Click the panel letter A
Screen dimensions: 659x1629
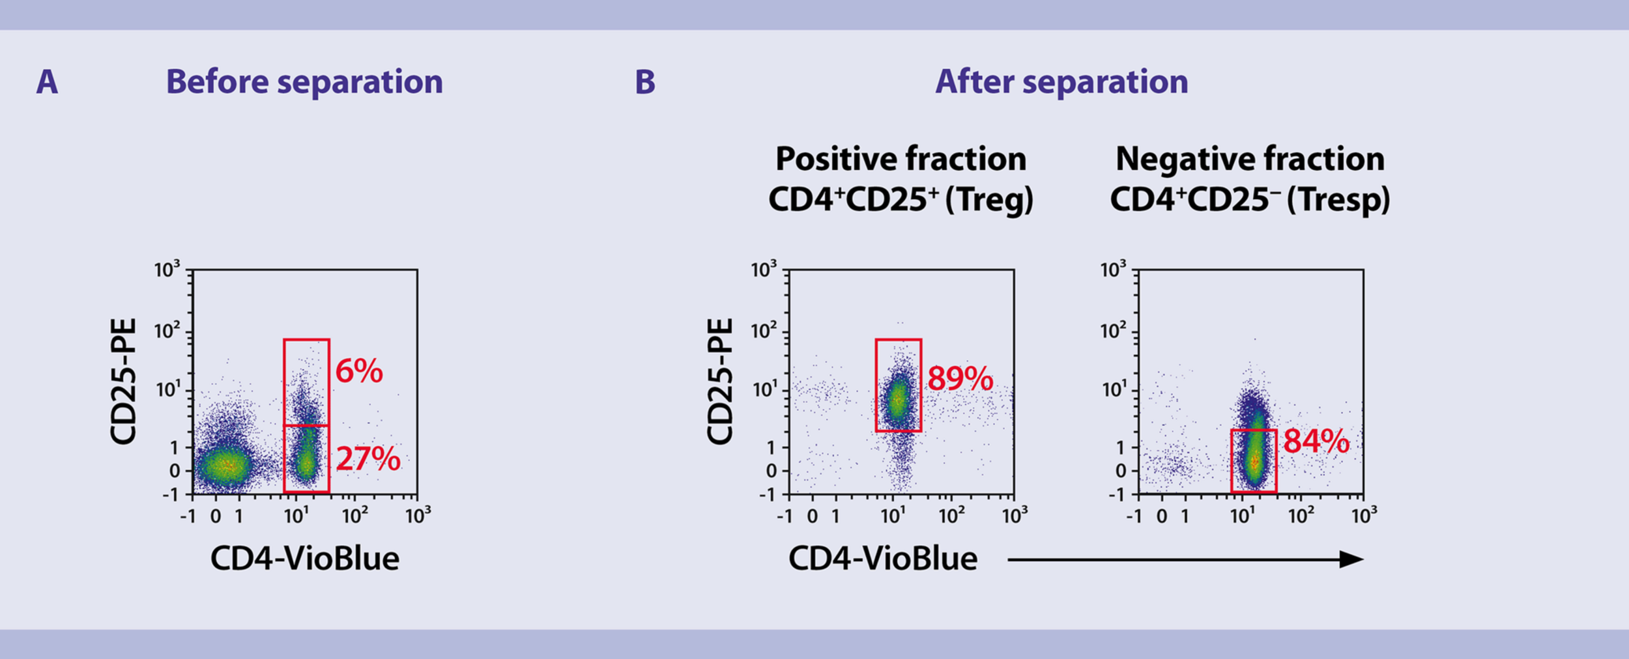(x=47, y=83)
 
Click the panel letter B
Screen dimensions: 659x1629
(x=644, y=83)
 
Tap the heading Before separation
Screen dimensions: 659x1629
(x=304, y=82)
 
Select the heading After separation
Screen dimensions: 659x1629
(x=1061, y=82)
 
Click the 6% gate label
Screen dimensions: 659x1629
(x=359, y=371)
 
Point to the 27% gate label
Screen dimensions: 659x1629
(x=368, y=459)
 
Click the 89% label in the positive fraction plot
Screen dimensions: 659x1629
(x=960, y=378)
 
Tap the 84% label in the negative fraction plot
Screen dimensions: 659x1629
(x=1316, y=441)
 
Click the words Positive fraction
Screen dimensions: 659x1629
(x=901, y=159)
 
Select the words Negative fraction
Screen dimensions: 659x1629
(x=1250, y=159)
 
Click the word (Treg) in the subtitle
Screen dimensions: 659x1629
(x=989, y=199)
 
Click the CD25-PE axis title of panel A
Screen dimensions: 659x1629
(x=124, y=382)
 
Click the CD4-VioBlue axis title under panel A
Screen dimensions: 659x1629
(x=304, y=559)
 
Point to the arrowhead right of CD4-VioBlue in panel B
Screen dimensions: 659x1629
(x=1351, y=559)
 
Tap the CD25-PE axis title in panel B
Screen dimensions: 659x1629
(x=721, y=382)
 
